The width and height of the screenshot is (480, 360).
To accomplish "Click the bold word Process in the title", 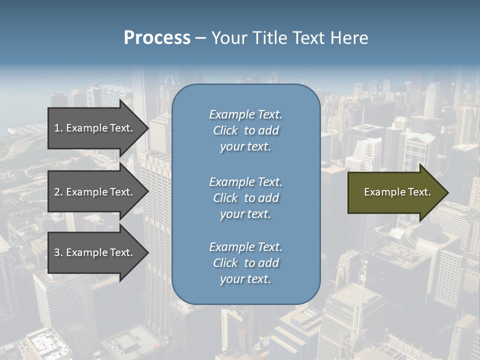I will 157,38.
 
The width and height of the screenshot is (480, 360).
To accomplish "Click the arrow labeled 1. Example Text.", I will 95,128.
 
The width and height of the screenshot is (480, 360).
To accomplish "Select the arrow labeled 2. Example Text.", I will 95,192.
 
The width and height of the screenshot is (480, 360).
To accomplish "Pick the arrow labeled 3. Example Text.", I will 95,252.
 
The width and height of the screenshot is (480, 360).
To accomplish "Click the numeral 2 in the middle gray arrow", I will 57,192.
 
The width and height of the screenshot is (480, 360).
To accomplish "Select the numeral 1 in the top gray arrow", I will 57,128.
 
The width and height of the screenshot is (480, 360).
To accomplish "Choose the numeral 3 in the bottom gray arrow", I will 57,252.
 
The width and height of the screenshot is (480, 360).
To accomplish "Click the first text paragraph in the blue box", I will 245,130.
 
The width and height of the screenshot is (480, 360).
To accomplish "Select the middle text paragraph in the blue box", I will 245,198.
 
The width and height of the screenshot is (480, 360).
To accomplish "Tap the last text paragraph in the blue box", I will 245,263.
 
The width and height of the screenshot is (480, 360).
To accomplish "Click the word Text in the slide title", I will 308,38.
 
